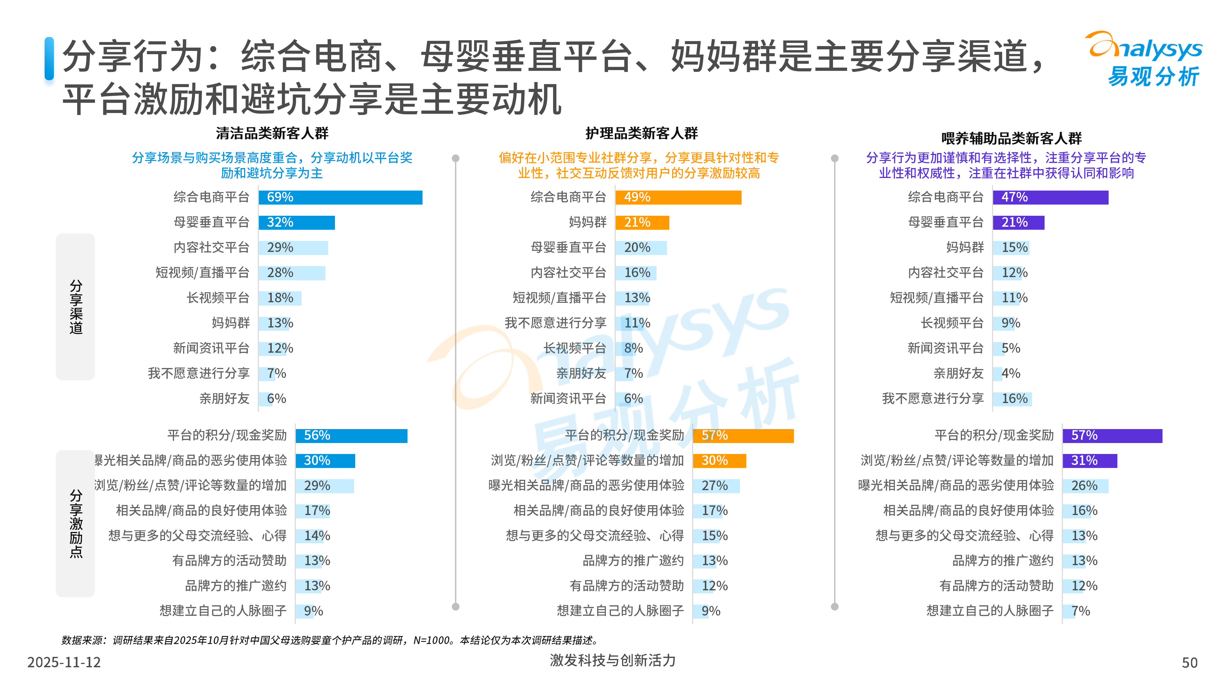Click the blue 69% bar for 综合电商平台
pos(340,197)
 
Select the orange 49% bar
pos(678,197)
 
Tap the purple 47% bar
pos(1050,197)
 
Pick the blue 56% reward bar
pos(351,435)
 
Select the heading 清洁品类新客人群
pos(272,133)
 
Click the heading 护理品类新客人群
pos(641,133)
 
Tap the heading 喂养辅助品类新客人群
pos(1011,138)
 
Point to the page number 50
pos(1189,662)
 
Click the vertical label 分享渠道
pos(76,307)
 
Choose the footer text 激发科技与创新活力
pos(612,660)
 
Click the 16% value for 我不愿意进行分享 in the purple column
pos(1014,399)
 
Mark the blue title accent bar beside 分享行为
pos(49,59)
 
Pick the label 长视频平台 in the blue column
pos(218,298)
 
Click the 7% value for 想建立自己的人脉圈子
pos(1080,611)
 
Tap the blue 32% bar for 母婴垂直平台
pos(296,222)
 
